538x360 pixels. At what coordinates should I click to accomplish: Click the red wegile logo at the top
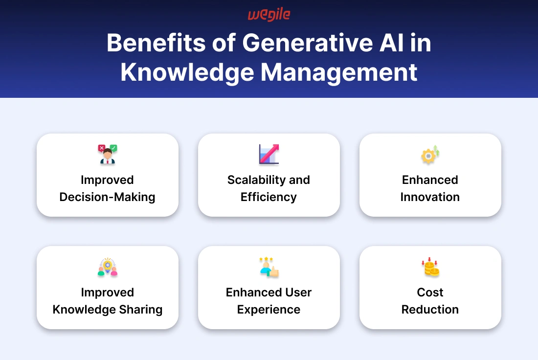(269, 15)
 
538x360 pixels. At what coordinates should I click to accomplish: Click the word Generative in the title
(308, 43)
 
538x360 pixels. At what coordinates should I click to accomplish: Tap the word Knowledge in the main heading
(187, 72)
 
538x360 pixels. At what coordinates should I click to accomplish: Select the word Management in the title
(338, 72)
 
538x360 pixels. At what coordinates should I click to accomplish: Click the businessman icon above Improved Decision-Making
(108, 154)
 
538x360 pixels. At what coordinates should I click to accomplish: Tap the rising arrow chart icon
(269, 154)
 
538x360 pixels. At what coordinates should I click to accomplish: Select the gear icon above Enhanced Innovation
(430, 155)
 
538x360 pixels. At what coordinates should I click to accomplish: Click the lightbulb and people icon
(108, 267)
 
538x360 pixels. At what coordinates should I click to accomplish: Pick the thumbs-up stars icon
(269, 267)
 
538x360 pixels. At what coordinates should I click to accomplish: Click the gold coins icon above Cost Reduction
(430, 267)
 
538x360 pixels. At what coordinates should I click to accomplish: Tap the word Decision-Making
(108, 197)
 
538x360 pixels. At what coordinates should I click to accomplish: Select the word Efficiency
(269, 197)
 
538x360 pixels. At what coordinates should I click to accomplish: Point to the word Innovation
(430, 197)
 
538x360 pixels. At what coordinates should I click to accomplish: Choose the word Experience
(269, 310)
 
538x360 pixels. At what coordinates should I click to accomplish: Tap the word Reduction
(430, 310)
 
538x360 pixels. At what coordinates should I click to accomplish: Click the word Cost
(430, 292)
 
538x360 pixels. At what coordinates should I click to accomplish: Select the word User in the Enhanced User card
(298, 292)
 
